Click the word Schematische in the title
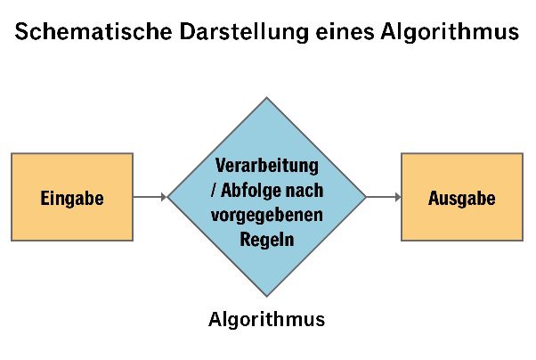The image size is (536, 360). tap(93, 31)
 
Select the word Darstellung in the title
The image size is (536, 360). tap(244, 32)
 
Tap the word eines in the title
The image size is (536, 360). tap(345, 31)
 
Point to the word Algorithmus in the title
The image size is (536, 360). tap(450, 32)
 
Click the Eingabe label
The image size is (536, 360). tap(72, 199)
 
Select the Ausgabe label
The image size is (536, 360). tap(462, 198)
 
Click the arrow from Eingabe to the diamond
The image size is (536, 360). tap(150, 197)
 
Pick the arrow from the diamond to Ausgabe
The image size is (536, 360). tap(384, 197)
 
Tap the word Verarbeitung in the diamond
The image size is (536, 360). tap(267, 166)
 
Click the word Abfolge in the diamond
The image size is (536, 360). tap(250, 191)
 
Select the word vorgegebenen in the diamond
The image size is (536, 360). tap(267, 216)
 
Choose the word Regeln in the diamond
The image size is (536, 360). tap(267, 240)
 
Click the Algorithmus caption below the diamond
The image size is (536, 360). tap(266, 320)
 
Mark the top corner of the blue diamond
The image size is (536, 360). tap(266, 97)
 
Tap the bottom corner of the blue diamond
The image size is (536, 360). tap(266, 296)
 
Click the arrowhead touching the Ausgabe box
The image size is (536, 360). tap(398, 197)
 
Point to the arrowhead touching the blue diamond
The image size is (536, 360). tap(164, 197)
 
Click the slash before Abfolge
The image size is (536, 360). tap(214, 191)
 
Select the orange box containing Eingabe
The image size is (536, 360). tap(72, 197)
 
